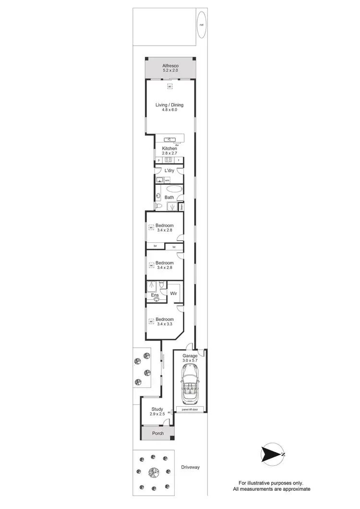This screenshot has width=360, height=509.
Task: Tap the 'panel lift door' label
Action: [x=190, y=409]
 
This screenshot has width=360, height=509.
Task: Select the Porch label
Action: [x=158, y=433]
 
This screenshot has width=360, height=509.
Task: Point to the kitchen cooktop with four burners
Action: [x=168, y=160]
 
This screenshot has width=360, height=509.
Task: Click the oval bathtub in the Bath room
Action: [x=175, y=189]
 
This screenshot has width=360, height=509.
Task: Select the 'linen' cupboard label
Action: [x=182, y=207]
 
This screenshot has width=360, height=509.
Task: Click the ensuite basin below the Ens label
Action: [x=156, y=299]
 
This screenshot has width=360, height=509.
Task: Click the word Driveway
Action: [x=190, y=467]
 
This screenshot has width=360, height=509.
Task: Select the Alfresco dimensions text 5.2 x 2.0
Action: [x=170, y=71]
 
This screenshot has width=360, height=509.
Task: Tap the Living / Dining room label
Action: [x=169, y=105]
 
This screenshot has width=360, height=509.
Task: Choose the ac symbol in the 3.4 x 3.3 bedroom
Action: [x=151, y=320]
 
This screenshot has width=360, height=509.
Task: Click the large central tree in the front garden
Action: [x=154, y=473]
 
